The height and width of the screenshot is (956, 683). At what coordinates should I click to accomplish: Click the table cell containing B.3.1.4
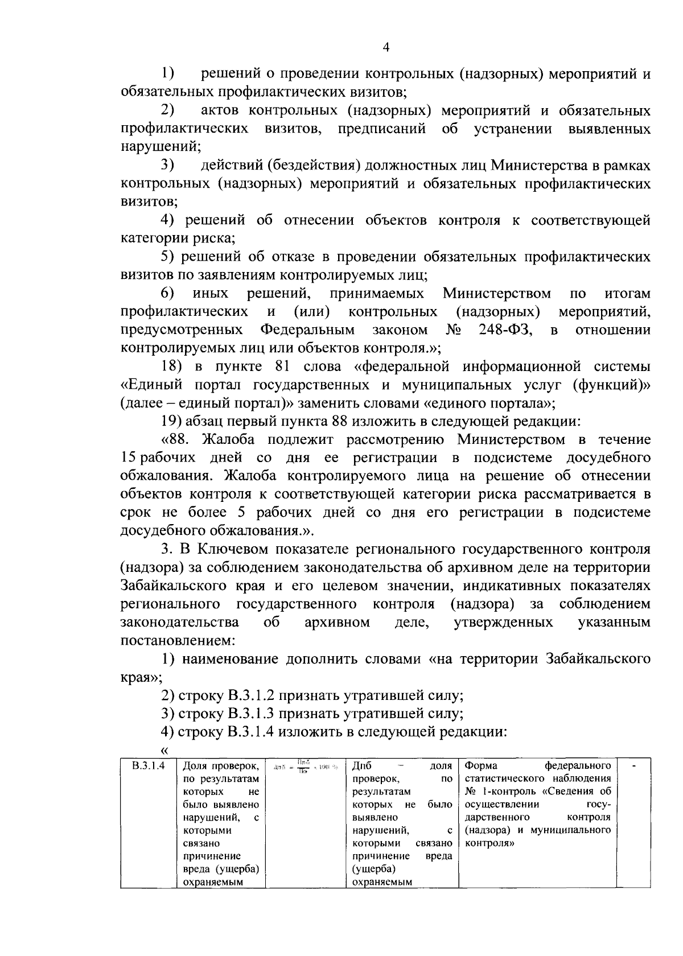(x=148, y=766)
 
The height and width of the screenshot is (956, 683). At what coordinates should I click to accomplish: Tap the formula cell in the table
(x=306, y=767)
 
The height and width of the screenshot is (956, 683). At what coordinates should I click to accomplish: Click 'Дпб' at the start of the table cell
(x=363, y=766)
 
